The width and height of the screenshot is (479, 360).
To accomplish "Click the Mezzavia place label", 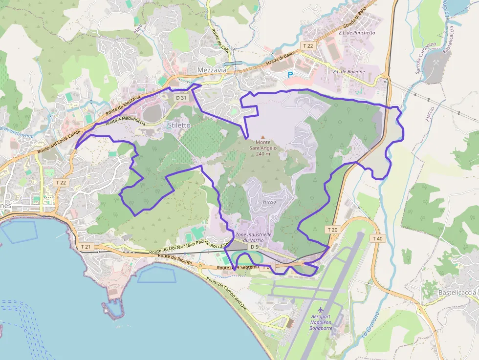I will pos(212,70).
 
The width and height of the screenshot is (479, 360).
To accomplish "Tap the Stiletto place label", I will pos(179,125).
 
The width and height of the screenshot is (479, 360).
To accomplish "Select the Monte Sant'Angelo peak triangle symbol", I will pos(263,138).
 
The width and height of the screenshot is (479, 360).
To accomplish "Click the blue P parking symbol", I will pos(290,75).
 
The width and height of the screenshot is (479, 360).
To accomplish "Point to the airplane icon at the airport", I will pos(321,310).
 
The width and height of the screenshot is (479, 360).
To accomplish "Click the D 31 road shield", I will pos(181,98).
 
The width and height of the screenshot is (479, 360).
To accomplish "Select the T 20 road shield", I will pos(332,230).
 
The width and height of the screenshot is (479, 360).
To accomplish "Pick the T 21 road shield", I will pos(86,247).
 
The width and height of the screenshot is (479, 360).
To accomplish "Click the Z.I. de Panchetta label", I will pos(356,33).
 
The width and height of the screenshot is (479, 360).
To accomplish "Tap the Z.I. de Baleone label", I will pos(348,72).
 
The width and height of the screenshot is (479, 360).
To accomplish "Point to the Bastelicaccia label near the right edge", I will pos(457,292).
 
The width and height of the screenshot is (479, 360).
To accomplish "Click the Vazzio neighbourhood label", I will pos(269,202).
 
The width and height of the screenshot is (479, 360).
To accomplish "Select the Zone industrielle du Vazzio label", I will pos(253,237).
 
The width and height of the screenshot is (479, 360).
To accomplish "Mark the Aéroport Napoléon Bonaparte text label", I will pos(321,322).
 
